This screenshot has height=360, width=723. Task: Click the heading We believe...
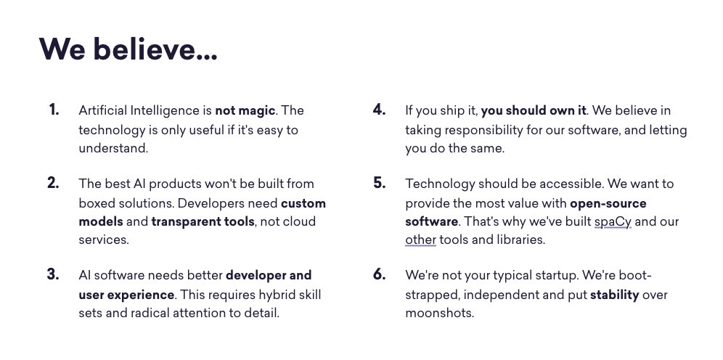click(128, 49)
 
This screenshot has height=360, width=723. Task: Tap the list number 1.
click(54, 110)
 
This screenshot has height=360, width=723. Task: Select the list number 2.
click(53, 183)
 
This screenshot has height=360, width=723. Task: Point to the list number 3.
click(53, 274)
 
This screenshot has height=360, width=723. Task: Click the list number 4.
click(379, 110)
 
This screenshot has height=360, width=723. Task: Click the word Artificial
click(103, 110)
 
